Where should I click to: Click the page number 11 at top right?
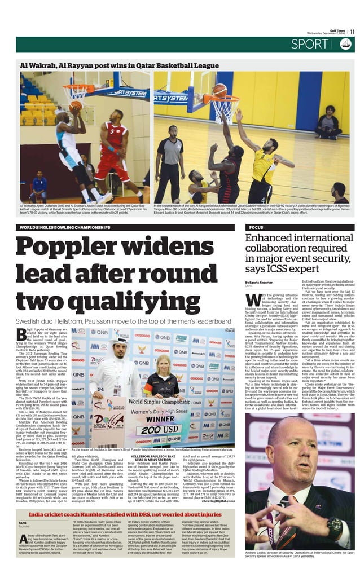352,32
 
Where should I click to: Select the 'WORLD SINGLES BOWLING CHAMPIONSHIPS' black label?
65,227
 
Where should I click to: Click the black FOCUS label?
257,227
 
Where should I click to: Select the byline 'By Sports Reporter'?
259,282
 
